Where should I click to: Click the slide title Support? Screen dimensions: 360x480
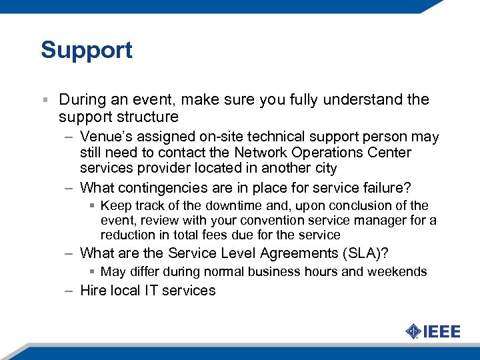click(x=87, y=50)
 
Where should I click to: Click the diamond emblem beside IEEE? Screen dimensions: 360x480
click(x=413, y=331)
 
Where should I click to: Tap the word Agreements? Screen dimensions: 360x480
click(x=275, y=253)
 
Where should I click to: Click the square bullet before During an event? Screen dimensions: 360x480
click(x=45, y=100)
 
